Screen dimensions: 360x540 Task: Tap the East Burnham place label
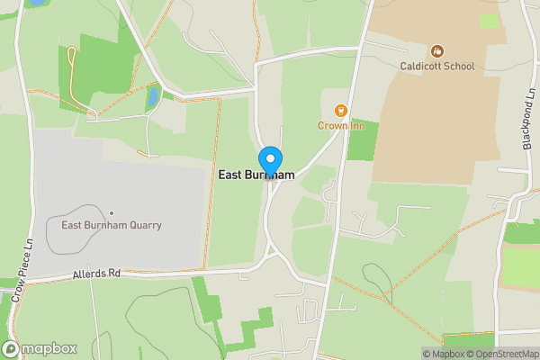256,175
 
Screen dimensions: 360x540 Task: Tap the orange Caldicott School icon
436,50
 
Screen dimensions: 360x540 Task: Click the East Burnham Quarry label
111,225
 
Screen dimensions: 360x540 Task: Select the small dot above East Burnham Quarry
111,212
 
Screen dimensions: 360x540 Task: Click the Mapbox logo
40,348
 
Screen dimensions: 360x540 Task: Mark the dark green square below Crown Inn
362,139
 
